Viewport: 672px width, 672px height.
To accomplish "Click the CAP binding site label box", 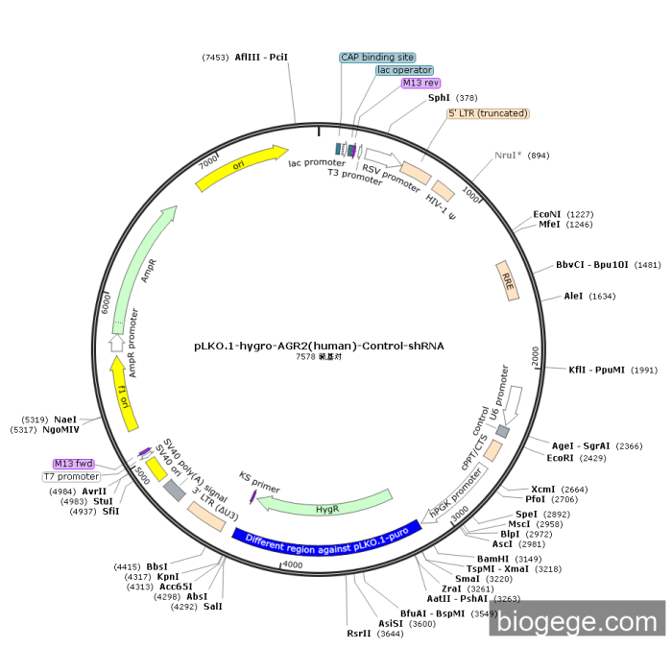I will click(x=377, y=58).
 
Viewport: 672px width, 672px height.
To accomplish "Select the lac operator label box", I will click(x=404, y=70).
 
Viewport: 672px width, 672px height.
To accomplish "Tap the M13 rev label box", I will click(x=420, y=84).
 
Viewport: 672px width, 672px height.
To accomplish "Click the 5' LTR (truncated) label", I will click(x=488, y=113).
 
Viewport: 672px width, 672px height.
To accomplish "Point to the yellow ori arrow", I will click(x=242, y=167).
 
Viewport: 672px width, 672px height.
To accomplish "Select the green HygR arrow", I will click(x=327, y=506).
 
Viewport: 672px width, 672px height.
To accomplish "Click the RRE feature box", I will click(x=507, y=277).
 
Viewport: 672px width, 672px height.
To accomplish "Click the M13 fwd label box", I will click(x=74, y=464).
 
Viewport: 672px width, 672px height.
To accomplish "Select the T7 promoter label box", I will click(x=71, y=477).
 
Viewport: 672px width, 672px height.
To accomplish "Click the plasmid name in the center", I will click(x=319, y=345).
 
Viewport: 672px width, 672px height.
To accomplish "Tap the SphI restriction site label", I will click(x=439, y=98).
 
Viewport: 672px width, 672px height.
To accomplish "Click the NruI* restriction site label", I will click(x=509, y=156).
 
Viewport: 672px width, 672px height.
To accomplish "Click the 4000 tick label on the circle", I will click(x=292, y=566).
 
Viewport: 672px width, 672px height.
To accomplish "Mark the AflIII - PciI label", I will click(x=261, y=58).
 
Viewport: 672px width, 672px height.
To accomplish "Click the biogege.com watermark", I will click(x=576, y=622).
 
